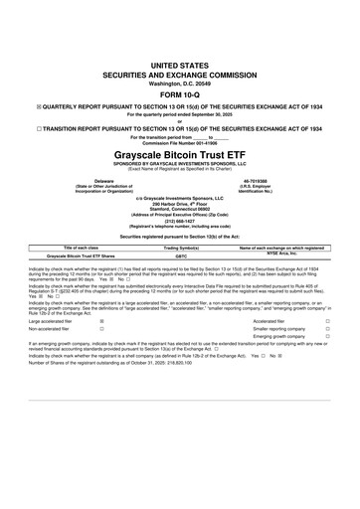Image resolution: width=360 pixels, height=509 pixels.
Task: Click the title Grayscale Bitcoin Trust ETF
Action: click(179, 157)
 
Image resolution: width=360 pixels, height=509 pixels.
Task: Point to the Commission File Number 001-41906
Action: click(179, 145)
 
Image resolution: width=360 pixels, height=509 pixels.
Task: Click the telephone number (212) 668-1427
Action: click(179, 221)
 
